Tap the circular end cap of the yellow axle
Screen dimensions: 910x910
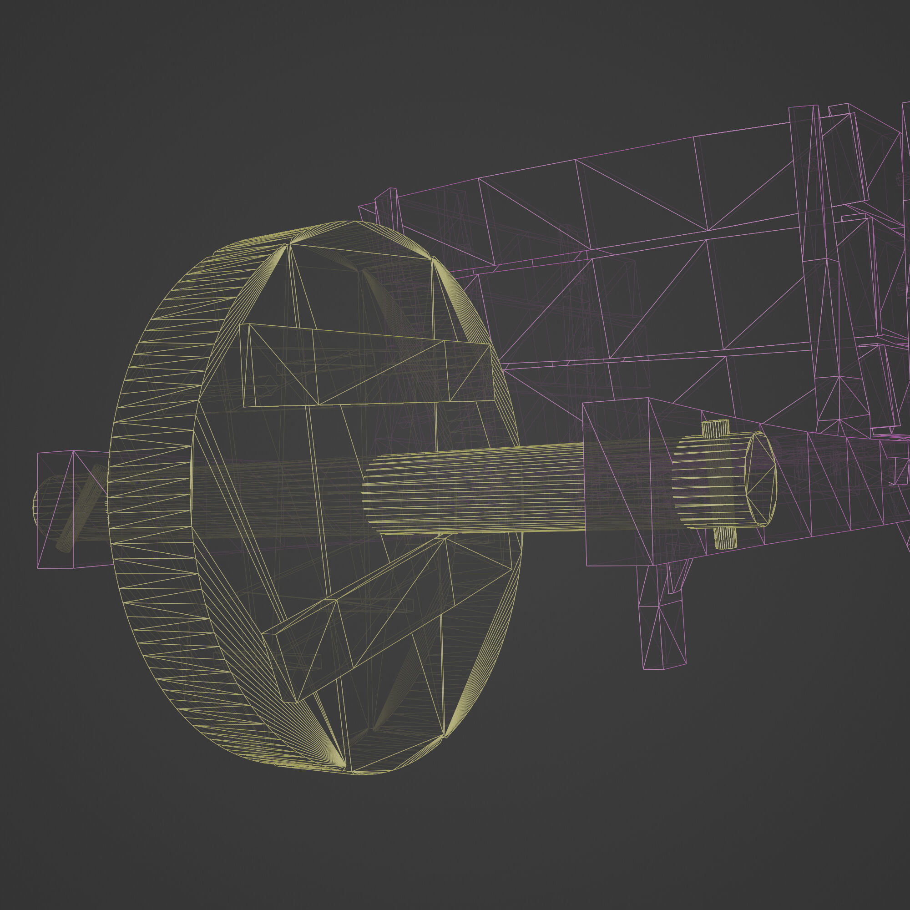(x=759, y=478)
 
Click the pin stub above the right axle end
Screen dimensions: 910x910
(x=715, y=428)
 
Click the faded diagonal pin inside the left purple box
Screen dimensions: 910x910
(x=80, y=509)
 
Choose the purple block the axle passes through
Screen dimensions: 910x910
(x=617, y=480)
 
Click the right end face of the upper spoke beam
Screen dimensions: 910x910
(x=471, y=372)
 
